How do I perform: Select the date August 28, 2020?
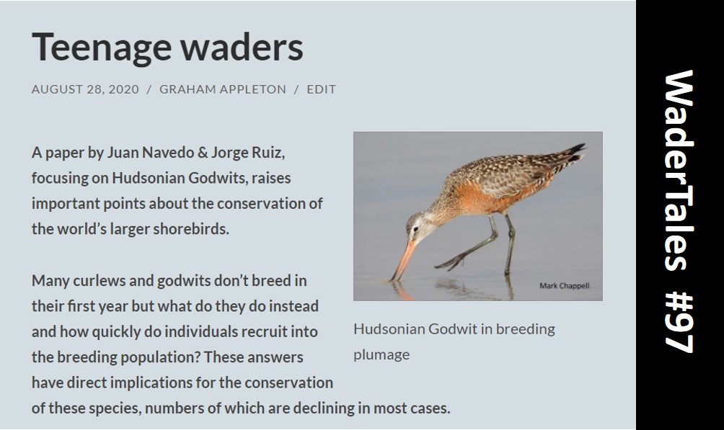(x=85, y=89)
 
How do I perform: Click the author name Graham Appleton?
(x=222, y=89)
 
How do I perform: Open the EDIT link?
(x=321, y=89)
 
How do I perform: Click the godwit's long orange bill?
(x=402, y=259)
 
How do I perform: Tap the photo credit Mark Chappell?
(x=564, y=286)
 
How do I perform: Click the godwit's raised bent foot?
(x=449, y=259)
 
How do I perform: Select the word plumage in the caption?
(x=381, y=354)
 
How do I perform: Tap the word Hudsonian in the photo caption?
(x=388, y=329)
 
